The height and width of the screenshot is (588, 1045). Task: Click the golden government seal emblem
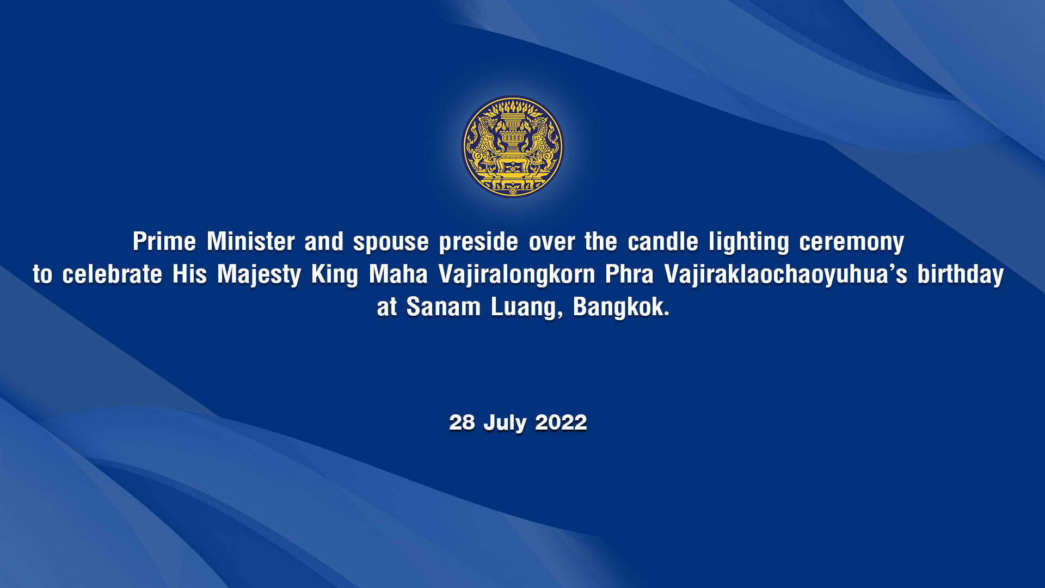tap(513, 146)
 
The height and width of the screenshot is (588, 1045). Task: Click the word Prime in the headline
tap(164, 241)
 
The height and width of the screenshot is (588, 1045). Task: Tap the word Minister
tap(251, 241)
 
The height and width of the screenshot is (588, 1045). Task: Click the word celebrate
tap(112, 274)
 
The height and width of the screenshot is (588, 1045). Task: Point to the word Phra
tap(630, 274)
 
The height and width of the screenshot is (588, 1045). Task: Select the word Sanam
tap(444, 307)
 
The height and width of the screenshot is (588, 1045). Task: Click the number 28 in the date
tap(462, 422)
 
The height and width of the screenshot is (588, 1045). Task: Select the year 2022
tap(561, 422)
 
